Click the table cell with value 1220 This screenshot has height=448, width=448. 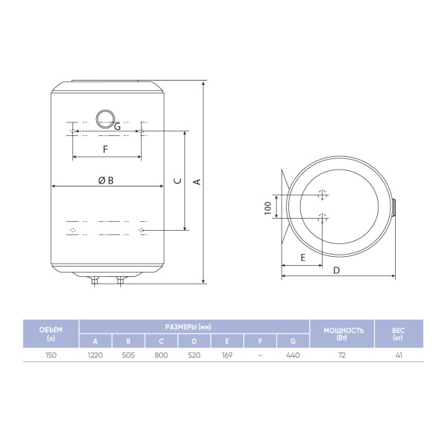pyautogui.click(x=95, y=355)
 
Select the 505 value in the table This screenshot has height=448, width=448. pyautogui.click(x=128, y=355)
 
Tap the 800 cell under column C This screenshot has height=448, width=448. pyautogui.click(x=161, y=355)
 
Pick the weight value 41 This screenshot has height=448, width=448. pyautogui.click(x=399, y=355)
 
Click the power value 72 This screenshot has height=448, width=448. pyautogui.click(x=342, y=355)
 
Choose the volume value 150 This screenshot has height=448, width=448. pyautogui.click(x=51, y=355)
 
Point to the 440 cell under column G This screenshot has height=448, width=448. pyautogui.click(x=293, y=355)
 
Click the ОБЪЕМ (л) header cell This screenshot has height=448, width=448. pyautogui.click(x=51, y=334)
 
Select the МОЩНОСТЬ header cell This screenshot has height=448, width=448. pyautogui.click(x=342, y=334)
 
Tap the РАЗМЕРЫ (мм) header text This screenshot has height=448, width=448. pyautogui.click(x=188, y=327)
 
